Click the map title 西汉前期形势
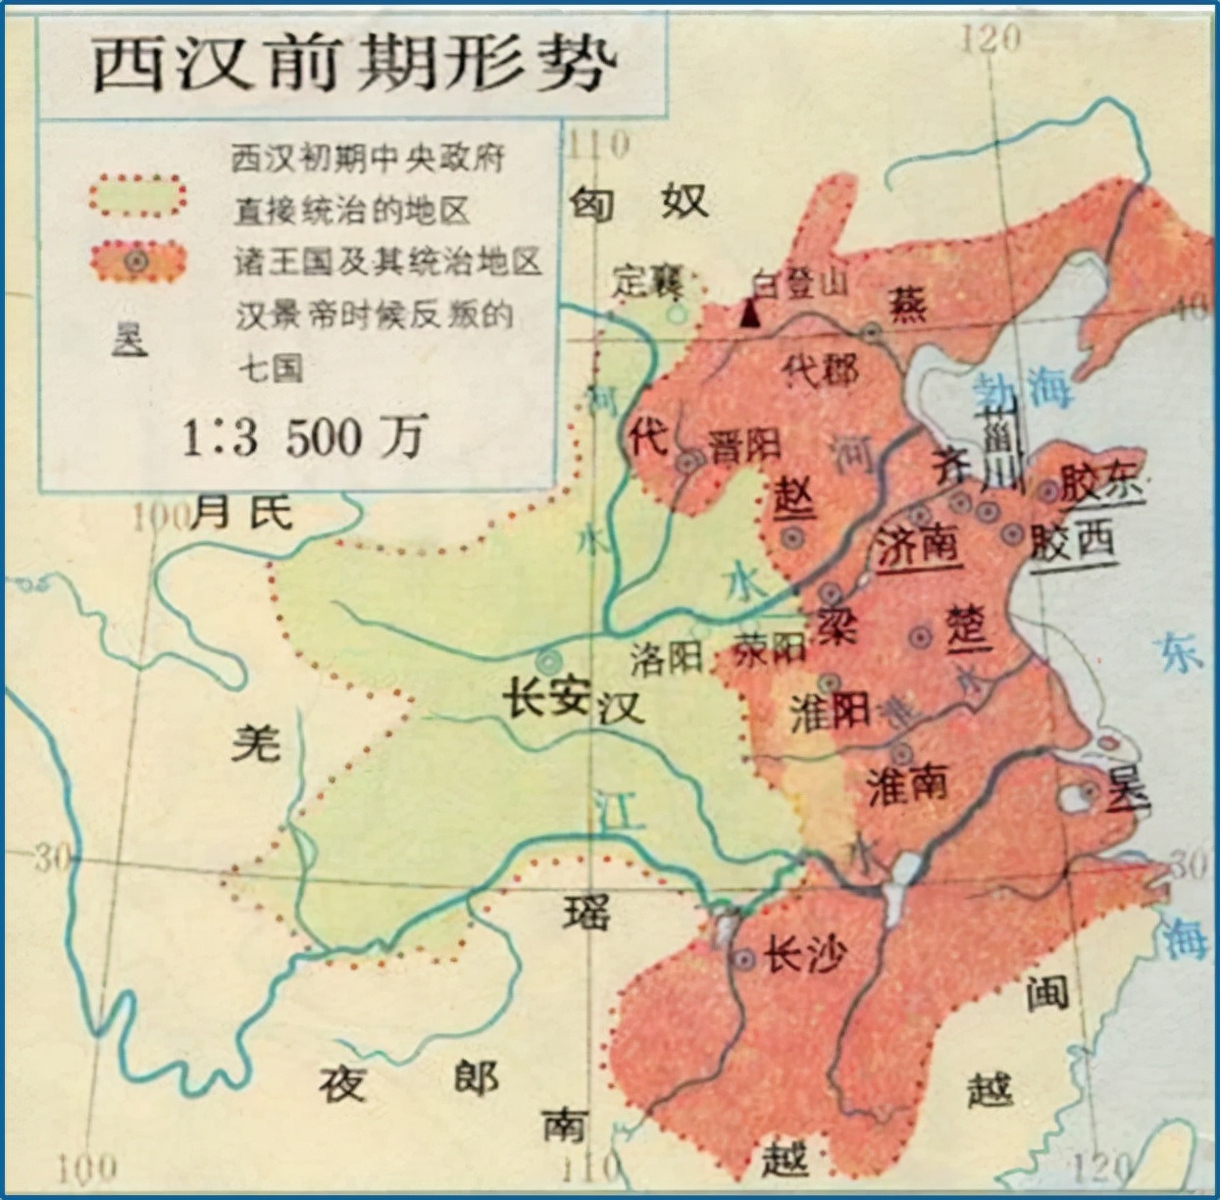(353, 65)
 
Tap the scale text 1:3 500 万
(304, 437)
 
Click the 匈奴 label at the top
(638, 202)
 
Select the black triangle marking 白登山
(750, 314)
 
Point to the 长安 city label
(545, 698)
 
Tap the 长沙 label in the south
(804, 954)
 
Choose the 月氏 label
(241, 512)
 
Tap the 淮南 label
(907, 783)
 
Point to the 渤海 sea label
(1020, 389)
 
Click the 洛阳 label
(666, 658)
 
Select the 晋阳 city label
(743, 446)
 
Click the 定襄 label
(647, 281)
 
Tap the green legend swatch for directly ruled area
(137, 196)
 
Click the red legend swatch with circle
(137, 261)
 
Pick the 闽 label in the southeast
(1046, 994)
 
